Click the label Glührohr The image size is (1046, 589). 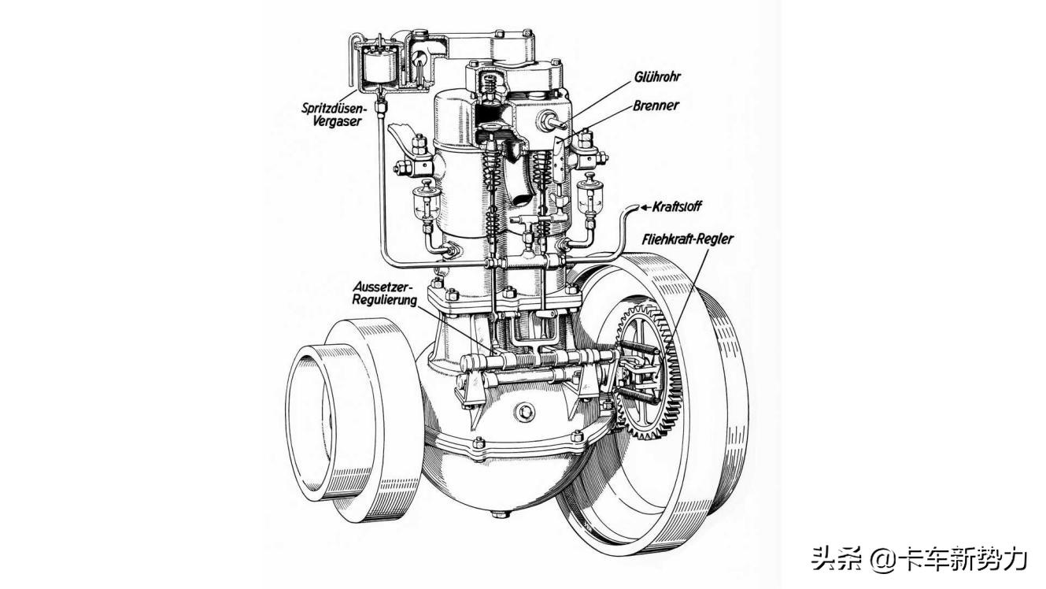point(657,77)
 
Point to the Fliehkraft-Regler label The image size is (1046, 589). point(687,238)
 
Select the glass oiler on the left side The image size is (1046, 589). point(427,202)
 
